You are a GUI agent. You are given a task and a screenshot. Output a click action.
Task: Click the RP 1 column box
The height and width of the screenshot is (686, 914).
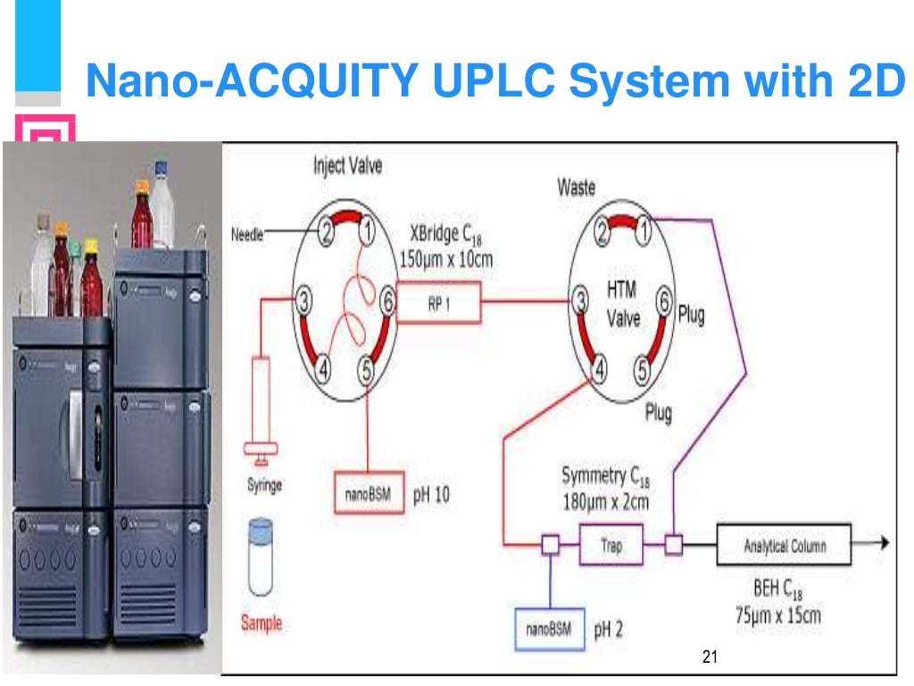point(438,302)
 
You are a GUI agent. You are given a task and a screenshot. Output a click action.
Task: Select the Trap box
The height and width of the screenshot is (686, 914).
point(611,544)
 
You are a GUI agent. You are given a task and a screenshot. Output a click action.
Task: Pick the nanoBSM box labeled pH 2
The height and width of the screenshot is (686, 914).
point(549,628)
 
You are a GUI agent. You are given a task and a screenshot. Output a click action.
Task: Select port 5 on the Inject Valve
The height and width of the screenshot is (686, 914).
point(367,368)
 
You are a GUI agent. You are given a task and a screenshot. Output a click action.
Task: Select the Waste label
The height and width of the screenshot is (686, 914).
point(576,188)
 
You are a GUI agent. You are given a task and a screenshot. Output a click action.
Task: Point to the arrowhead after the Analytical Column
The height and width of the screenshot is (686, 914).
point(884,543)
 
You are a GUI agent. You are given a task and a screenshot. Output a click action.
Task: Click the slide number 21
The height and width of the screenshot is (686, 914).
point(710,658)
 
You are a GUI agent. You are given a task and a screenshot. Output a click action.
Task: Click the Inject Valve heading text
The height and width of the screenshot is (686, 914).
point(347,166)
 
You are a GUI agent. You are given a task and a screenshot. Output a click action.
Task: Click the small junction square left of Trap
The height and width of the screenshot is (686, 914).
point(550,544)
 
